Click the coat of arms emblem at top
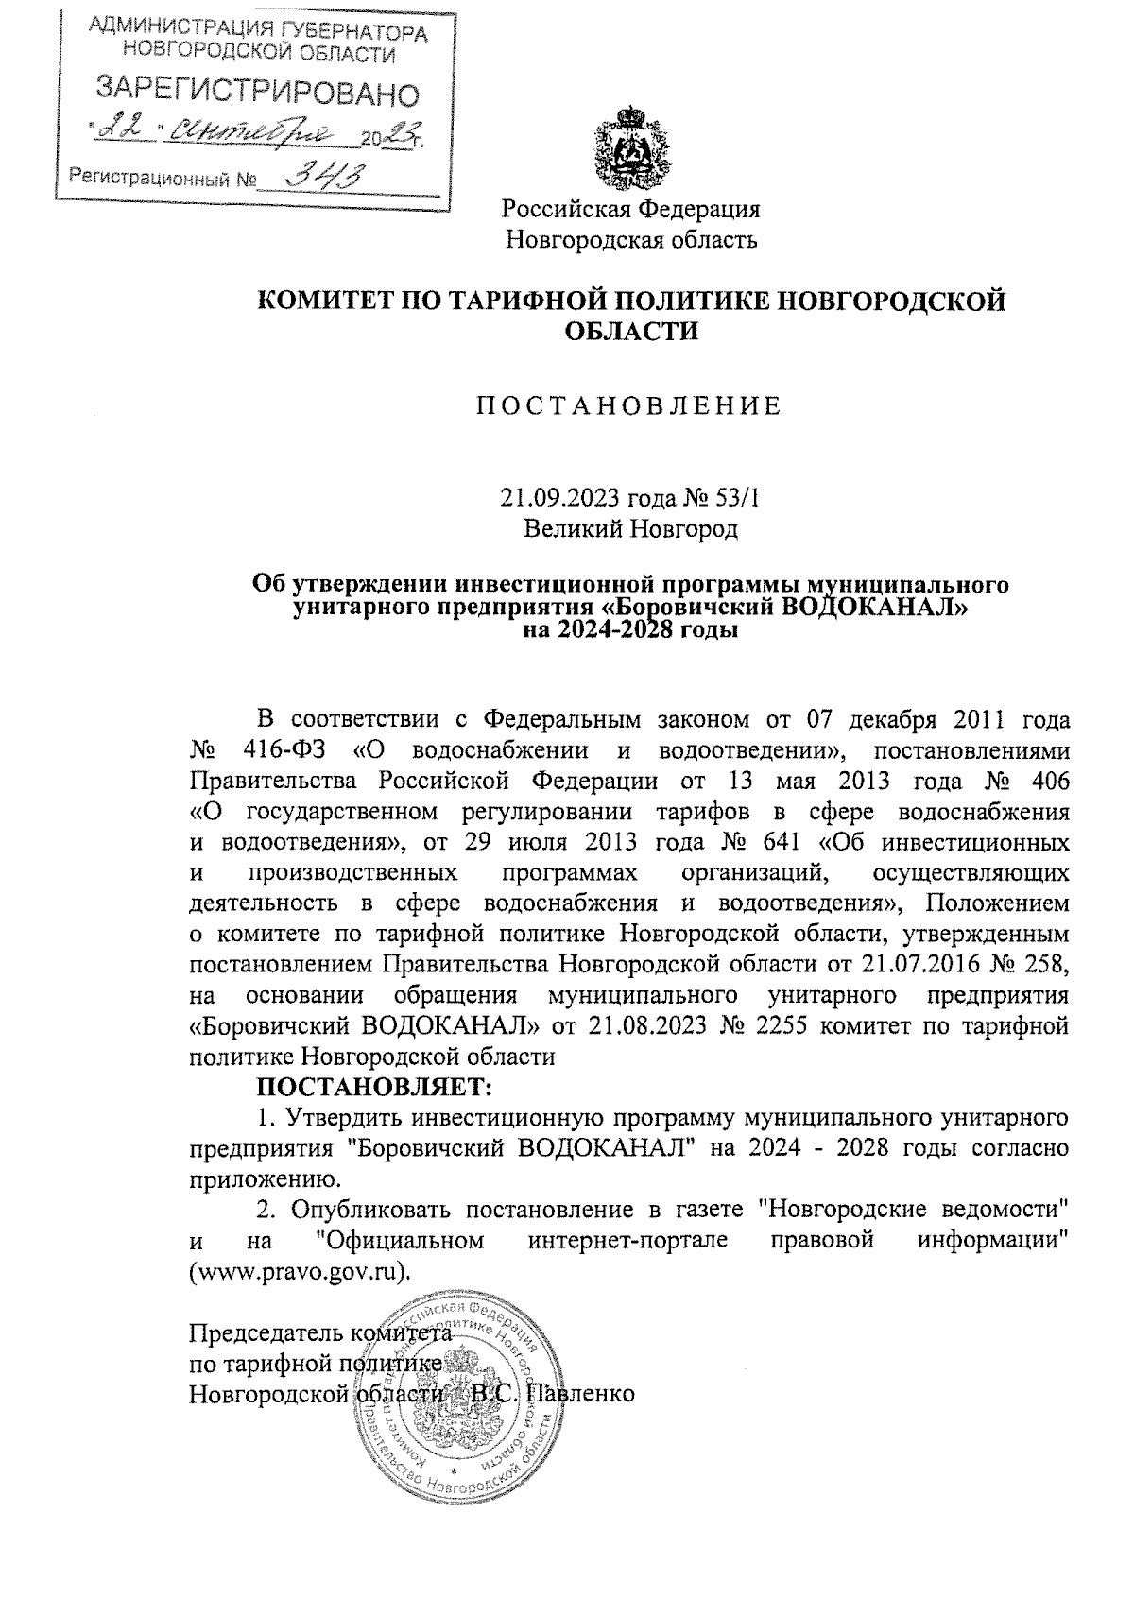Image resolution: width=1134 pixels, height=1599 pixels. [629, 148]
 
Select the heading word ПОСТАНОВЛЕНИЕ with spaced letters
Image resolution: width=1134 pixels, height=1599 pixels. [628, 406]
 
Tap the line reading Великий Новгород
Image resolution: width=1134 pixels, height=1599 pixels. [630, 527]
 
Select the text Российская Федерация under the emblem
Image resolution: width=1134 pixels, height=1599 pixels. [630, 208]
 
